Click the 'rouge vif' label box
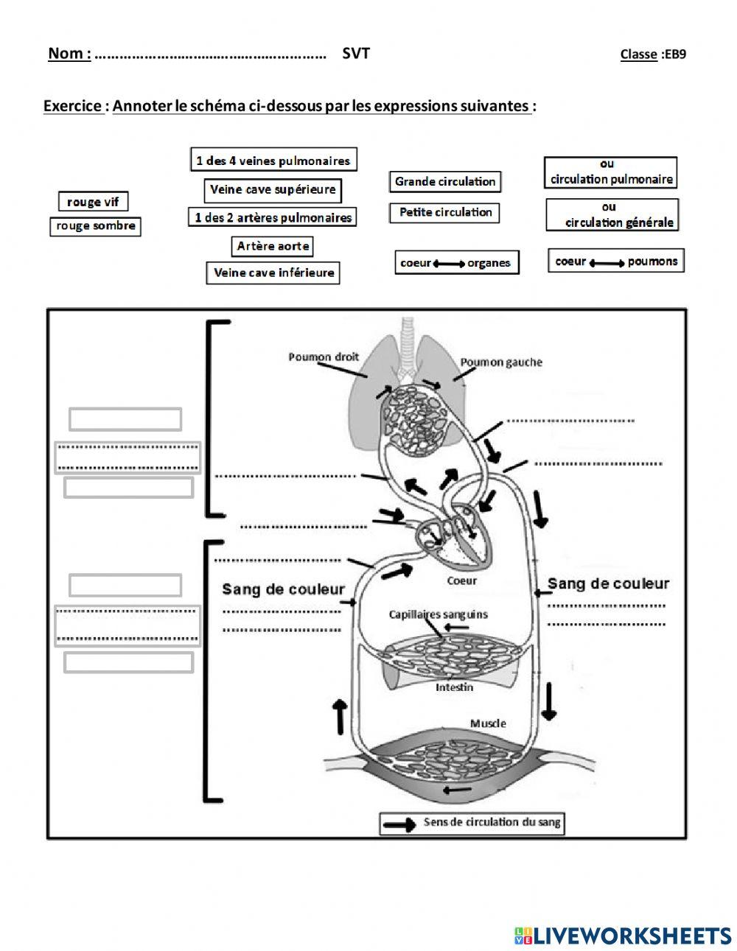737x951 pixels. click(x=93, y=201)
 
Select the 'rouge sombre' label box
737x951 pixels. click(x=95, y=226)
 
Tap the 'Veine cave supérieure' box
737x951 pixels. click(x=273, y=190)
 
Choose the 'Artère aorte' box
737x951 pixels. click(x=272, y=246)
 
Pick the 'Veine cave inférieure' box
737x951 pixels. click(x=273, y=273)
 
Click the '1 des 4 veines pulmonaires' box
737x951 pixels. click(x=273, y=159)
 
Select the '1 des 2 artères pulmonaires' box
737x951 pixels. click(x=272, y=217)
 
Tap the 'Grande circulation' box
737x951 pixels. click(x=445, y=182)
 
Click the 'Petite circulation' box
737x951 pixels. click(x=444, y=213)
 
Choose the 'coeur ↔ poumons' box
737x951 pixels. click(x=616, y=261)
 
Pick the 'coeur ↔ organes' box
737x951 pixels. click(x=457, y=262)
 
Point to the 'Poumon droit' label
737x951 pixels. click(x=324, y=357)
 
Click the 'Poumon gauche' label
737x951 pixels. click(x=501, y=362)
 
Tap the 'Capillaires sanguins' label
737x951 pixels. click(x=438, y=615)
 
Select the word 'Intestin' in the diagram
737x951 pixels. click(x=454, y=687)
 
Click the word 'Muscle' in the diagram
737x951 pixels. click(x=488, y=723)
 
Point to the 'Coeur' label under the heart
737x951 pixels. click(x=461, y=580)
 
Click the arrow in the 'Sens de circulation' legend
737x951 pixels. click(x=399, y=824)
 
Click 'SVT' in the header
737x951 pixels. click(x=356, y=53)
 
